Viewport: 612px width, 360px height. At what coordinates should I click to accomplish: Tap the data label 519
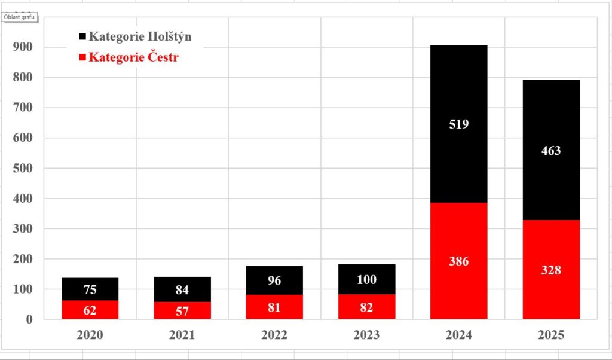click(x=458, y=124)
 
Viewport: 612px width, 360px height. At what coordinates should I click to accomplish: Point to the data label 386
click(x=458, y=261)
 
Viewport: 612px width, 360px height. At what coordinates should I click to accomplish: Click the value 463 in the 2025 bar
click(x=551, y=151)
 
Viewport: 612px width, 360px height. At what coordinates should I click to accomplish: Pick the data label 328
click(x=551, y=270)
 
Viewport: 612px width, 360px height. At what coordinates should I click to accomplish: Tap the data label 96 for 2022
click(x=274, y=280)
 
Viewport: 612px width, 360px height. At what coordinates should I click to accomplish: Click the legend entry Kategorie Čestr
click(x=133, y=57)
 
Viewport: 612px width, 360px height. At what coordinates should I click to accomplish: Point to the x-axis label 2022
click(x=274, y=335)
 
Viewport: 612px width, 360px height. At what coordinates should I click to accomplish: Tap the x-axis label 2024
click(x=458, y=335)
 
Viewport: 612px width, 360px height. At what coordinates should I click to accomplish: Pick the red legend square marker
click(x=82, y=58)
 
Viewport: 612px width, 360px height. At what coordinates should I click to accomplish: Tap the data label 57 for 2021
click(x=182, y=310)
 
